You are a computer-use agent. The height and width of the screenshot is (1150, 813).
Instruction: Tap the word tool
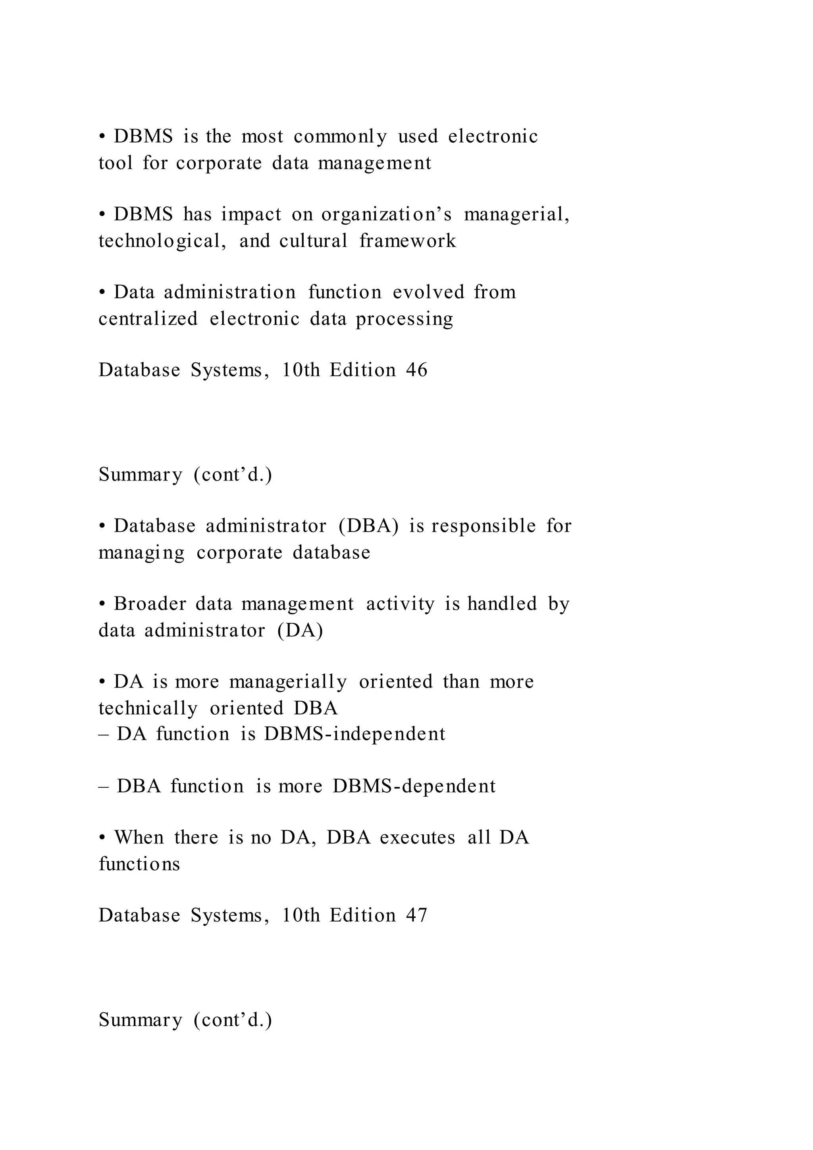click(x=116, y=163)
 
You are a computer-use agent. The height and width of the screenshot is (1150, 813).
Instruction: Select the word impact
click(x=251, y=215)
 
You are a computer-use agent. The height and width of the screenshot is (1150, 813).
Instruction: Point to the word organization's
click(x=387, y=215)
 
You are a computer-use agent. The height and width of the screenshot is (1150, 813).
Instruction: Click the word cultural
click(x=313, y=241)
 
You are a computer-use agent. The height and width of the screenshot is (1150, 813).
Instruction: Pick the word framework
click(x=408, y=241)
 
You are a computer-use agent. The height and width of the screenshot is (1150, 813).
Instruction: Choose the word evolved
click(x=428, y=293)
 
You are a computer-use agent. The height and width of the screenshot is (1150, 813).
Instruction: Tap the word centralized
click(x=148, y=319)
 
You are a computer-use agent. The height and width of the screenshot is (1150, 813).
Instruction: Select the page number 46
click(x=416, y=370)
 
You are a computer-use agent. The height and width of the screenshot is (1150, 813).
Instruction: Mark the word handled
click(x=502, y=604)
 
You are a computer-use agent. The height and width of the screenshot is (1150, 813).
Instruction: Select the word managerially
click(x=288, y=682)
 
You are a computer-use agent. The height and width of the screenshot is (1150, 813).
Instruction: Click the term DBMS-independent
click(x=354, y=734)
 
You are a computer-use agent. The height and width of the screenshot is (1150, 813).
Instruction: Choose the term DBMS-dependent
click(x=414, y=786)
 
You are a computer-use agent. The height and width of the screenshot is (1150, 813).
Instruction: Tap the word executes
click(x=418, y=837)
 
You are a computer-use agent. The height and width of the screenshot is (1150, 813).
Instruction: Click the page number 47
click(x=416, y=916)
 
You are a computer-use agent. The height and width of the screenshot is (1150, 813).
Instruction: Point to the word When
click(x=139, y=837)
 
